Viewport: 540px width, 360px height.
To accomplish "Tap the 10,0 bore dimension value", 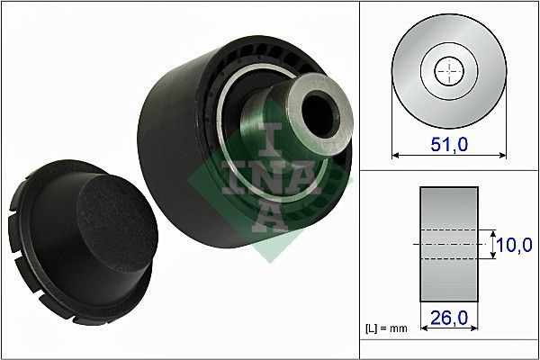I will (516, 244).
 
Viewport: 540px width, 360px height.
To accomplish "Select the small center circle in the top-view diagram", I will (447, 71).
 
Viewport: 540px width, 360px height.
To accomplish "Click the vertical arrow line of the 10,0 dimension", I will (493, 244).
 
